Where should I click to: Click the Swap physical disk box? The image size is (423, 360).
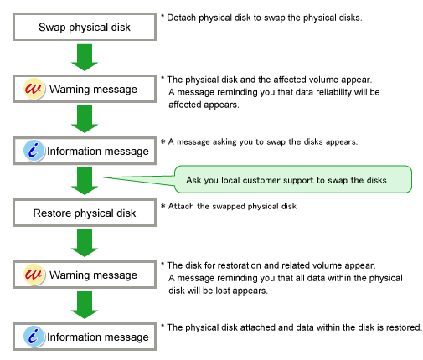(85, 27)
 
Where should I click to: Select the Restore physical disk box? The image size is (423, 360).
(85, 213)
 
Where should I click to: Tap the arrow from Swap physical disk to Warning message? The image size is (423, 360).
(85, 57)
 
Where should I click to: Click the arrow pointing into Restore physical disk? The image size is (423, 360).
(85, 181)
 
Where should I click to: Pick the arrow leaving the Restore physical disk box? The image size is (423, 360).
(85, 243)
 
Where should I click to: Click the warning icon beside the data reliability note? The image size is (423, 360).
(34, 89)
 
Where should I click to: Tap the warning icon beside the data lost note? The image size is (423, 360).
(34, 275)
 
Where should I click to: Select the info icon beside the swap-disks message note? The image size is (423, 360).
(34, 151)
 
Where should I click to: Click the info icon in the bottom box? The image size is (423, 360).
(34, 337)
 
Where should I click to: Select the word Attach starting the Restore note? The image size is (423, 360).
(181, 206)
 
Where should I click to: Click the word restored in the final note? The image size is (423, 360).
(404, 327)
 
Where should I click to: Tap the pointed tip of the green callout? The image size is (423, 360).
(104, 177)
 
